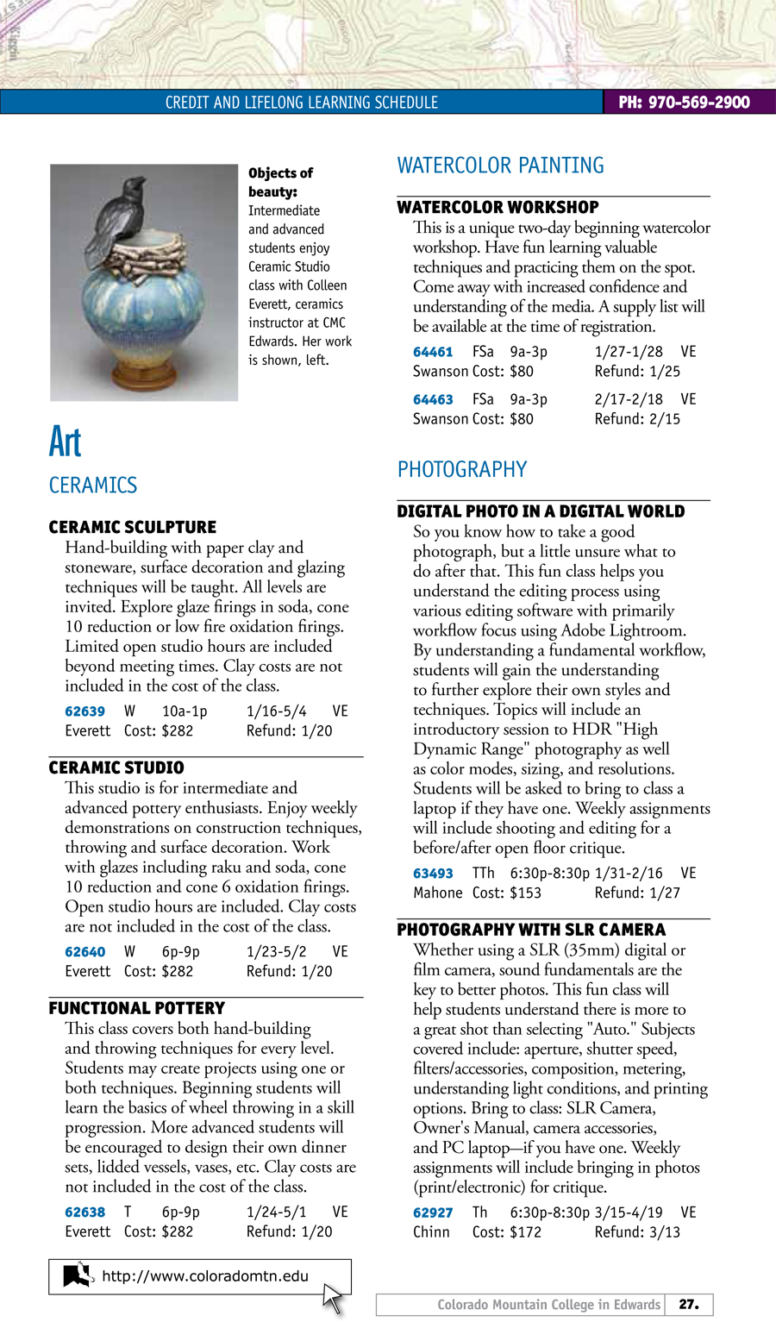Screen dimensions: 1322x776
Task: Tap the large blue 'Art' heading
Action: click(x=65, y=442)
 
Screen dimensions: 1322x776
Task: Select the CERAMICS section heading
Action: click(x=93, y=486)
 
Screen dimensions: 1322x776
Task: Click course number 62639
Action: click(x=84, y=711)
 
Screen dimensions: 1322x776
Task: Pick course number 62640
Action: click(x=84, y=952)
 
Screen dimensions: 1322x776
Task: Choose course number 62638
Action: click(x=84, y=1212)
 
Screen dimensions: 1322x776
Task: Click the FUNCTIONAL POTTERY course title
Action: click(x=136, y=1008)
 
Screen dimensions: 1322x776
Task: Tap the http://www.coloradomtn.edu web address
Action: click(x=205, y=1276)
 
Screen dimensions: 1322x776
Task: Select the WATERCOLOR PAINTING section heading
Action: click(x=500, y=166)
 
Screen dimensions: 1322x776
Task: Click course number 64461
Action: click(x=433, y=352)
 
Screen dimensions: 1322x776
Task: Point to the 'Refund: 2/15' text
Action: click(x=637, y=419)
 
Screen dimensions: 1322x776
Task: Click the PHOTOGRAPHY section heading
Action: click(x=461, y=470)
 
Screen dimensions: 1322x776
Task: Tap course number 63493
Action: click(x=433, y=874)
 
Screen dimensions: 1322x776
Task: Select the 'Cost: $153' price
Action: click(x=506, y=893)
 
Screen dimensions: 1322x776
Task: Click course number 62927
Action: click(x=433, y=1212)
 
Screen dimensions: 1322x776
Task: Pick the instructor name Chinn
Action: click(x=431, y=1232)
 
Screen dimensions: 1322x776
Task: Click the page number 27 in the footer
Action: click(x=688, y=1305)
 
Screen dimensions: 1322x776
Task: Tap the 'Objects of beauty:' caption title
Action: click(x=280, y=182)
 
